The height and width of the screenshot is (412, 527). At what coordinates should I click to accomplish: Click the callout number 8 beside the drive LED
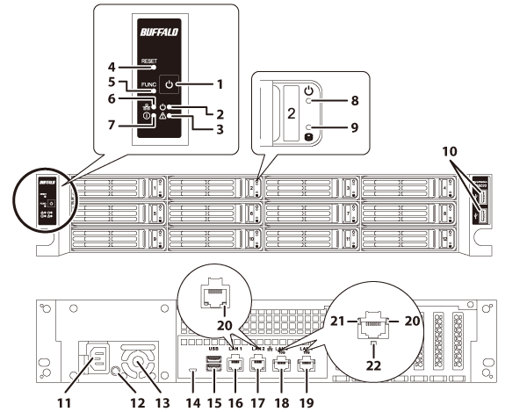[x=355, y=101]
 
